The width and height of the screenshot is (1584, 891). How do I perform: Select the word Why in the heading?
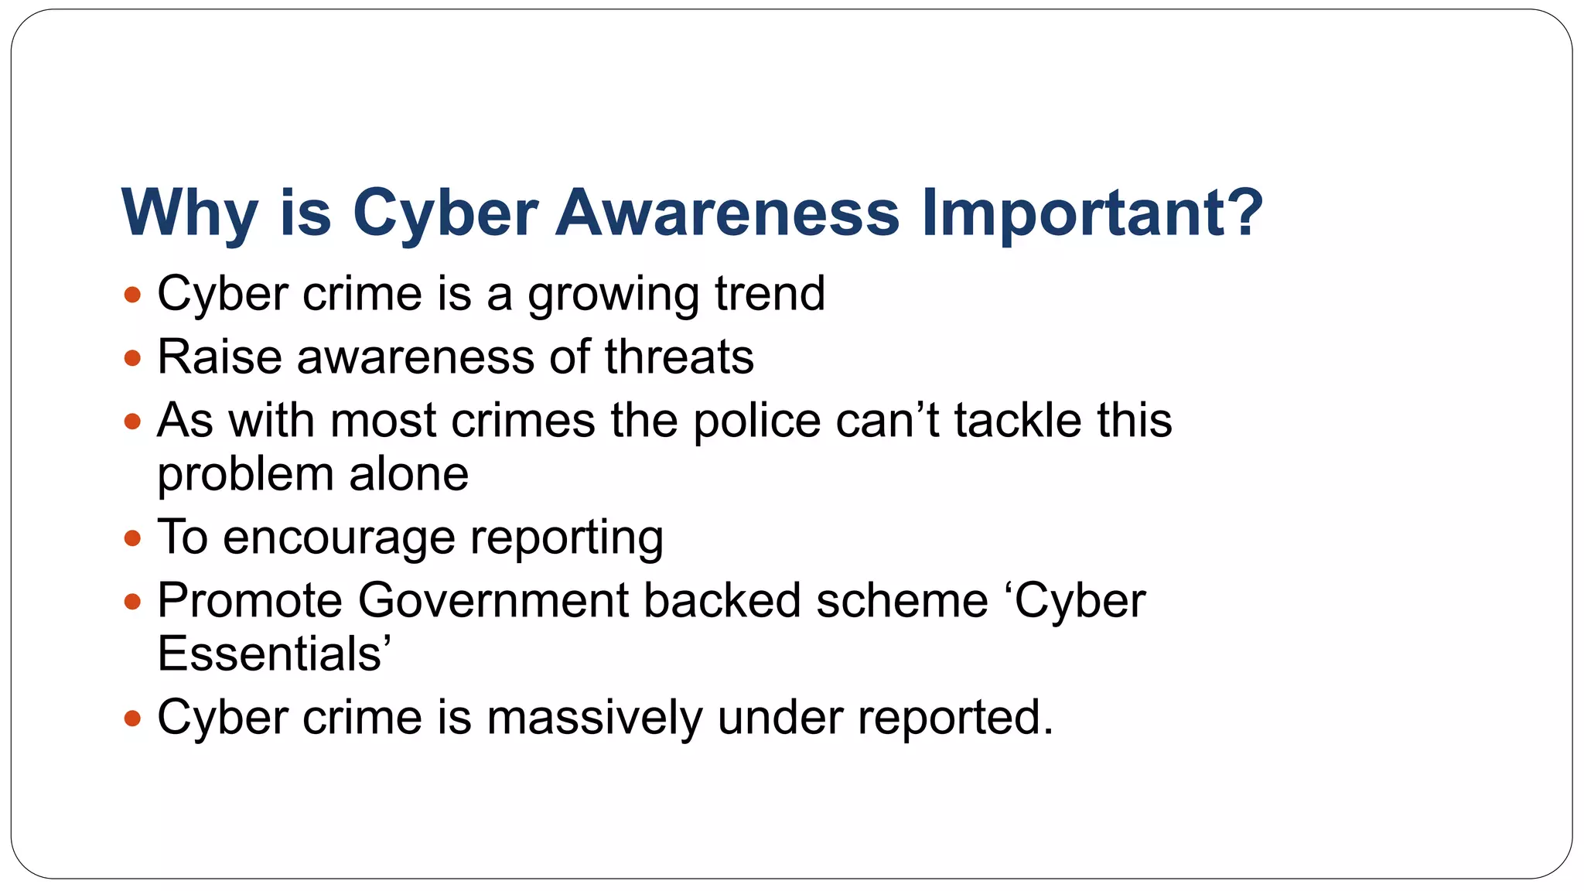189,213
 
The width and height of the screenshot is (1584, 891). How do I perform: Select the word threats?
679,357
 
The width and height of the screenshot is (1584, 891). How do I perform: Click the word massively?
594,718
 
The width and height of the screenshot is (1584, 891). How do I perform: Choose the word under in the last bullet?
780,718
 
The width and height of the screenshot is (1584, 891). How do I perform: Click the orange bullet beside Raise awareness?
132,358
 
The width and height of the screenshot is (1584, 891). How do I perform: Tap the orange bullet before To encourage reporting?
132,538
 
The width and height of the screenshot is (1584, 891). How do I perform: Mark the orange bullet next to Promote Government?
132,602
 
